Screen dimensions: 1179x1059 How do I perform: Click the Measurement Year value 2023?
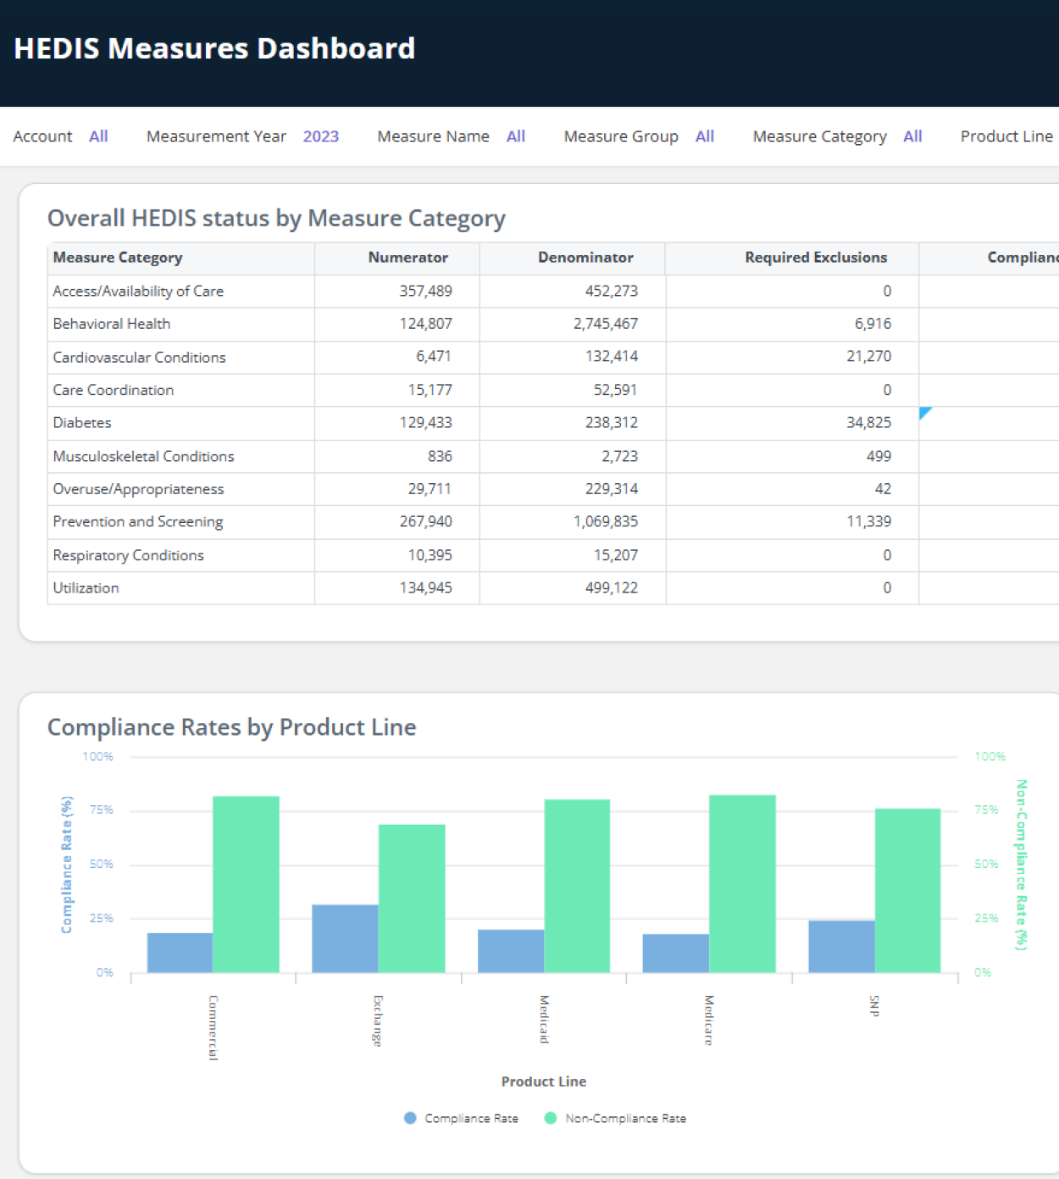tap(320, 136)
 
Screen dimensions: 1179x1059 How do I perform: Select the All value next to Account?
tap(98, 136)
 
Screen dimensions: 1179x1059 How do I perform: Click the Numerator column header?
tap(408, 258)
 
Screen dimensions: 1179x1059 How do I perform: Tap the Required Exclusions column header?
tap(815, 258)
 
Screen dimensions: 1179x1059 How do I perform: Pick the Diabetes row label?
tap(82, 423)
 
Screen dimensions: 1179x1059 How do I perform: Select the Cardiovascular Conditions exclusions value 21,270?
tap(868, 357)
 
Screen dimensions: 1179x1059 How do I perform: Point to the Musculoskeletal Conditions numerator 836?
tap(439, 456)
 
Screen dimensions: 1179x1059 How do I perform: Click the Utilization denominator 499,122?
tap(611, 588)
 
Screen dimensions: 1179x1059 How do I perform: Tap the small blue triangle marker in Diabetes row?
tap(924, 412)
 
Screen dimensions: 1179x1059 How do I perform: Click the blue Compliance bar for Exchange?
tap(345, 938)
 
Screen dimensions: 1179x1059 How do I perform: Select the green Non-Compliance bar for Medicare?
tap(741, 883)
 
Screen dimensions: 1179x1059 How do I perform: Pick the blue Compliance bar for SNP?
tap(840, 946)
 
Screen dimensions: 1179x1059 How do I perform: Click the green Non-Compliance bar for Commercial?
tap(246, 884)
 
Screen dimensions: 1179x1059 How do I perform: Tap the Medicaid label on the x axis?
tap(544, 1019)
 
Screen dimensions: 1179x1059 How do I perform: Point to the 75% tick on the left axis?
tap(101, 810)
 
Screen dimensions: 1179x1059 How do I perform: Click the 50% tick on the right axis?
tap(986, 865)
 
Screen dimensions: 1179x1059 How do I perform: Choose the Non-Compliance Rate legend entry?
tap(624, 1119)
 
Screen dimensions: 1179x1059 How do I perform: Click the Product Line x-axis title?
tap(543, 1082)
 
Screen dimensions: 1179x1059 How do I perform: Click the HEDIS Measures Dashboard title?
tap(214, 48)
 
